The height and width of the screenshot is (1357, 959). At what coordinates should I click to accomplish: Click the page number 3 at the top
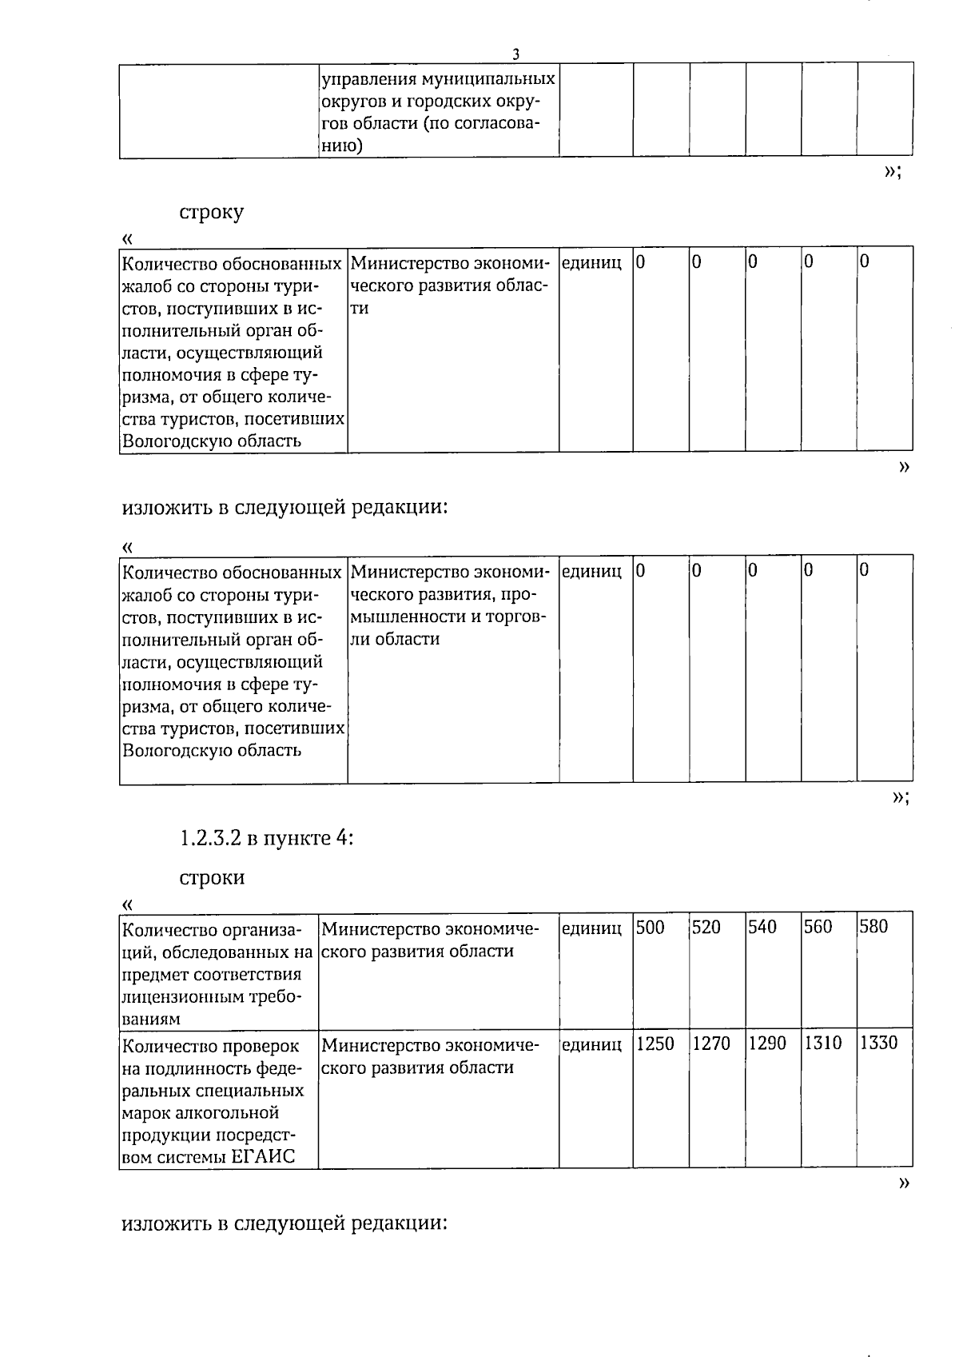coord(515,54)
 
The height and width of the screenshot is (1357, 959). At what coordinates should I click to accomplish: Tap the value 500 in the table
coord(651,927)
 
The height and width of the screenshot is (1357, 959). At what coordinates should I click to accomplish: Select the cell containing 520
coord(706,927)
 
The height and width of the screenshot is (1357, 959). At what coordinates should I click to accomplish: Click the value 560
coord(818,927)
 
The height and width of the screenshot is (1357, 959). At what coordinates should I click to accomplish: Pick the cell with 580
coord(873,927)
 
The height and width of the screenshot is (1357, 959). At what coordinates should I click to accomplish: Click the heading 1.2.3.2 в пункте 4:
coord(266,838)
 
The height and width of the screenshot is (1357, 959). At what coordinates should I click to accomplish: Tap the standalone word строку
coord(211,213)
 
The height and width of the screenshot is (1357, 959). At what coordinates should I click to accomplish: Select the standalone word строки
coord(211,878)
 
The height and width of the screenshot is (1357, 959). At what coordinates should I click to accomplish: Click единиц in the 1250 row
coord(591,1044)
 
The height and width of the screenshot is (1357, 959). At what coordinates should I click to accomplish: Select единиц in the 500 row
coord(591,928)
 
